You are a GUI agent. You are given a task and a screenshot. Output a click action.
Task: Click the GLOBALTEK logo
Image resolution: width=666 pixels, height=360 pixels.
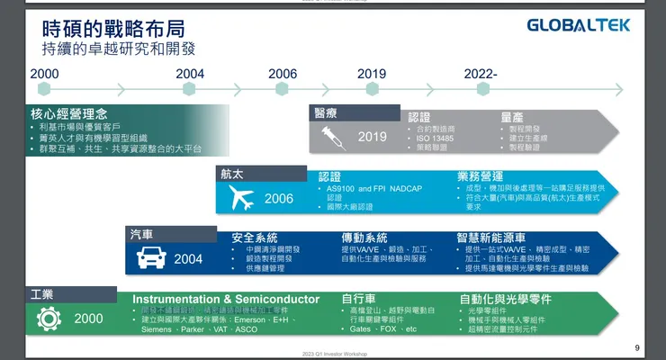(579, 26)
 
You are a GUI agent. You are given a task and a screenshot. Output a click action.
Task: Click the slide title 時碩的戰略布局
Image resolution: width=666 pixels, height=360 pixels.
(100, 24)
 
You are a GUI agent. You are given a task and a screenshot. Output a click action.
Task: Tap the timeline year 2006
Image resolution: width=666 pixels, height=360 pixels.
(282, 74)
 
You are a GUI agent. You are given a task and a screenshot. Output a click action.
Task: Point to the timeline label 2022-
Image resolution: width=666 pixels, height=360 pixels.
(481, 74)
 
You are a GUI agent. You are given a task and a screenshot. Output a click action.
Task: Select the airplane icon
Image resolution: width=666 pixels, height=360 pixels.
(240, 199)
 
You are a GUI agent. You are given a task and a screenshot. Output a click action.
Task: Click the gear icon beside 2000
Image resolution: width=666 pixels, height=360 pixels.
(47, 318)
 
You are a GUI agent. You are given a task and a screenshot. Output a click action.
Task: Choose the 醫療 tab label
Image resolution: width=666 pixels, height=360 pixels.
(326, 112)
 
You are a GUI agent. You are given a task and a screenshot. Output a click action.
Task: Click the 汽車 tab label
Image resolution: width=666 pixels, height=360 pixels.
(142, 235)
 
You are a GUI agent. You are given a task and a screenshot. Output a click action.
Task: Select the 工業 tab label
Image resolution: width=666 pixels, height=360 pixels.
(43, 294)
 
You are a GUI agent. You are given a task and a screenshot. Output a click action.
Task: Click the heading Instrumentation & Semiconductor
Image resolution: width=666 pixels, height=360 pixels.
(226, 299)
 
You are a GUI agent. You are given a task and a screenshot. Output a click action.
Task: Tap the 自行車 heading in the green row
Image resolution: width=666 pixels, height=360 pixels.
(358, 299)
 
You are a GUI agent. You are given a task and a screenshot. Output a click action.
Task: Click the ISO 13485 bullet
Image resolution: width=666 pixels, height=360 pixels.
(436, 139)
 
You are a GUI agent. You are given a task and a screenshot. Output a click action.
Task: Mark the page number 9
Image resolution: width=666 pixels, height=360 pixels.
(637, 348)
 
